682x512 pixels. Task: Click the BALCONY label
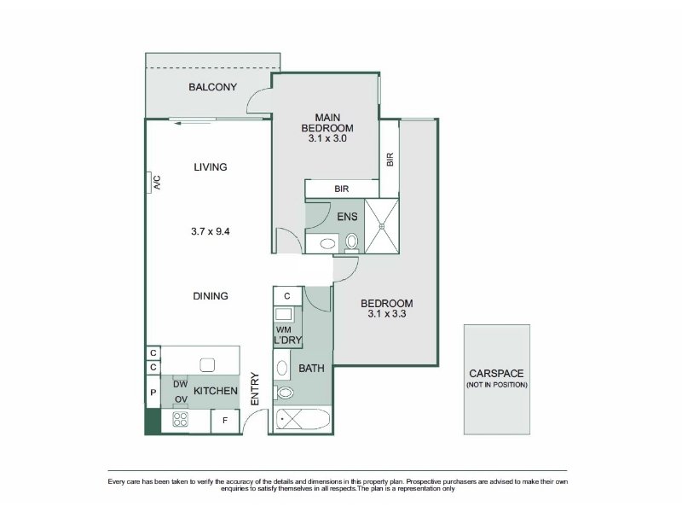tap(212, 87)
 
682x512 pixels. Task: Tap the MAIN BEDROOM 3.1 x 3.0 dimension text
tap(327, 138)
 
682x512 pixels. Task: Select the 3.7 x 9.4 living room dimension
tap(211, 231)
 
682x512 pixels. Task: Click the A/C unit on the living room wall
tap(148, 182)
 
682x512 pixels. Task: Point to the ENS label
tap(348, 217)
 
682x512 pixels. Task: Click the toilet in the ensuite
tap(351, 242)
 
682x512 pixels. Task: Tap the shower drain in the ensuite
tap(381, 226)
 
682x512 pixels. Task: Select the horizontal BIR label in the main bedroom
tap(342, 189)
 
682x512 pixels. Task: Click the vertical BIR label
tap(390, 160)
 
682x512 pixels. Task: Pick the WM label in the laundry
tap(283, 330)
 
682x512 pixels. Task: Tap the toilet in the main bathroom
tap(284, 393)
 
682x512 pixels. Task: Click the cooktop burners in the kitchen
tap(180, 419)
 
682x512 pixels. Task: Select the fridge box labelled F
tap(225, 421)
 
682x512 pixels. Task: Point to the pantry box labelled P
tap(153, 393)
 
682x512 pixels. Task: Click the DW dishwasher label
tap(180, 385)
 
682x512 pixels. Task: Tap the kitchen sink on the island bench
tap(207, 365)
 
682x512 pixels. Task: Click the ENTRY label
tap(255, 389)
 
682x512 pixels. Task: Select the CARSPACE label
tap(496, 374)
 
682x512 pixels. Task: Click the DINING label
tap(211, 296)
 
